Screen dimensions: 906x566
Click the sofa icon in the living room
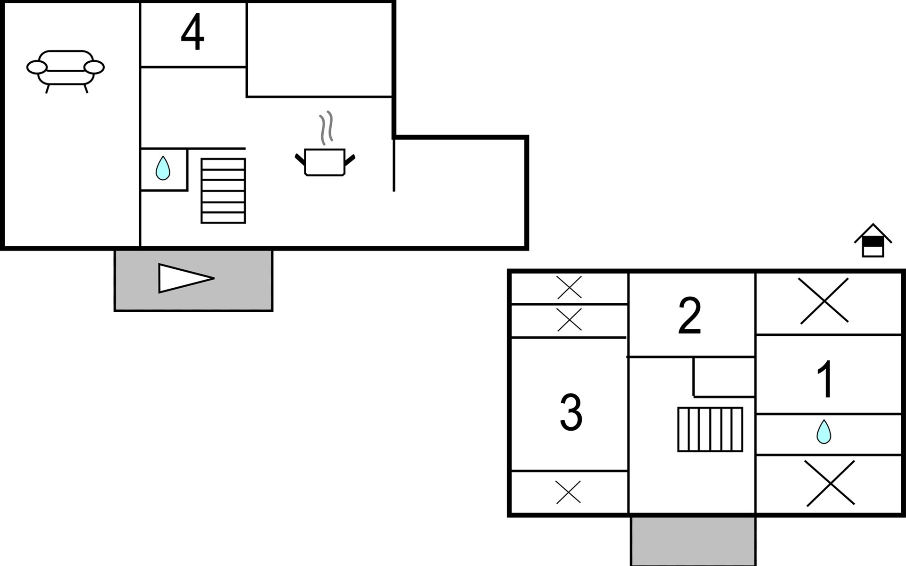click(x=66, y=71)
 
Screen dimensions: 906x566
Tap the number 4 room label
click(x=193, y=32)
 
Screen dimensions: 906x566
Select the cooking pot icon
click(x=325, y=162)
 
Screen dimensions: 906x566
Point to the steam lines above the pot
click(x=326, y=128)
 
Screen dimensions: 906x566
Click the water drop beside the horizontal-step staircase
click(x=163, y=168)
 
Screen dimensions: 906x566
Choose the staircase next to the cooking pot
click(x=223, y=191)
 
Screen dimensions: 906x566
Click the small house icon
click(x=873, y=240)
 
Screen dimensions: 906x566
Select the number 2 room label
click(x=689, y=316)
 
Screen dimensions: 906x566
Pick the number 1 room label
click(x=825, y=379)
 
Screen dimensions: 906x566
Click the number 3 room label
click(x=571, y=412)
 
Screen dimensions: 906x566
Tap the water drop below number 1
click(x=824, y=432)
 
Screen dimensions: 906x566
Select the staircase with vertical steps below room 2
click(x=710, y=429)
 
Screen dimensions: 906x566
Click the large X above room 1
click(x=824, y=301)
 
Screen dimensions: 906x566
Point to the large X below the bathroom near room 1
click(x=830, y=483)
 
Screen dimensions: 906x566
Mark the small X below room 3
click(x=569, y=492)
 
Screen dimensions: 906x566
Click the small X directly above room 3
click(x=570, y=319)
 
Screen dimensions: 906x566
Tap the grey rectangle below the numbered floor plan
click(x=693, y=541)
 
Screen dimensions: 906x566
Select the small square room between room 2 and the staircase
click(x=724, y=376)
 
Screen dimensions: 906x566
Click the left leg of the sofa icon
click(x=48, y=89)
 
